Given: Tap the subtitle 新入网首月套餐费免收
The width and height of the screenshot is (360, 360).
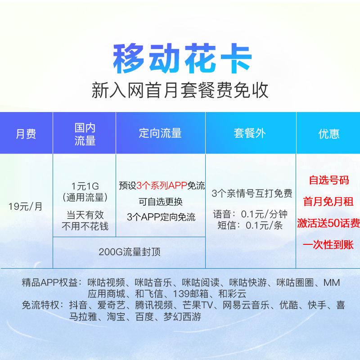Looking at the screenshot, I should coord(180,90).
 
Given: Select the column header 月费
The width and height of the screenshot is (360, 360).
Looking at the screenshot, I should coord(26,134).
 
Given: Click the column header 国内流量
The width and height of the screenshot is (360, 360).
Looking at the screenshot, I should coord(85,134).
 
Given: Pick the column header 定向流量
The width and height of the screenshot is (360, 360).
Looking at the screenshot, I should coord(160,133).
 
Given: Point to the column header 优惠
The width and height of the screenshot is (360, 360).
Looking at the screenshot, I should coord(328,134).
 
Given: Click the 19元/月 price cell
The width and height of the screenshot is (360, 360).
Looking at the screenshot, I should coord(26,207).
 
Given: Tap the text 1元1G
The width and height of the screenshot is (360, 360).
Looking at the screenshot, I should coord(85,186).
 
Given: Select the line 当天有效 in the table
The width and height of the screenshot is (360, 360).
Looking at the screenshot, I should coord(85,215).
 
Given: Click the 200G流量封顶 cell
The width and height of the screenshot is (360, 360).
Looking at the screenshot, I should coord(130,252).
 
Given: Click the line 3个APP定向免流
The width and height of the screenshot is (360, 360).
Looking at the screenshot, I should coord(161,217).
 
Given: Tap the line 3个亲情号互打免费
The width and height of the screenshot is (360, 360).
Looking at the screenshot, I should coord(252,193).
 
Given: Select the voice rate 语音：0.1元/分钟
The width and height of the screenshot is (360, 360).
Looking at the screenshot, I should coord(250,214).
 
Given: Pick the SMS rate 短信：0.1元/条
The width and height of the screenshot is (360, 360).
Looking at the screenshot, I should coord(250,225).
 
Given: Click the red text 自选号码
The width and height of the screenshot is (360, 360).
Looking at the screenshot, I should coord(328,180).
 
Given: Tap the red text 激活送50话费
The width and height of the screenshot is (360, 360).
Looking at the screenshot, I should coord(328,223).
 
